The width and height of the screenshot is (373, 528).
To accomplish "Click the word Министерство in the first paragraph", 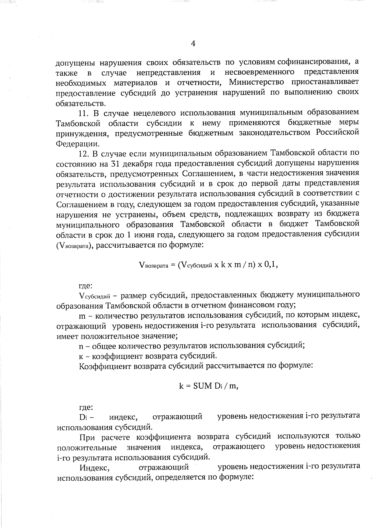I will coord(256,82).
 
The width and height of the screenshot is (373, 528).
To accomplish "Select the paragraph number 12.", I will coord(84,153).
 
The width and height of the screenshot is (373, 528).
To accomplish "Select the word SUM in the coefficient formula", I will coord(202,386).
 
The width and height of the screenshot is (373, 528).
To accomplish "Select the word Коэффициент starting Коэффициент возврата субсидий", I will coord(105,366).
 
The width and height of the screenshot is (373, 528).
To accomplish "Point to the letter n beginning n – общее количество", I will coord(81,346).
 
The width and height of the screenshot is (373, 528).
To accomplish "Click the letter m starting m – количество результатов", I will coord(82,316).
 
